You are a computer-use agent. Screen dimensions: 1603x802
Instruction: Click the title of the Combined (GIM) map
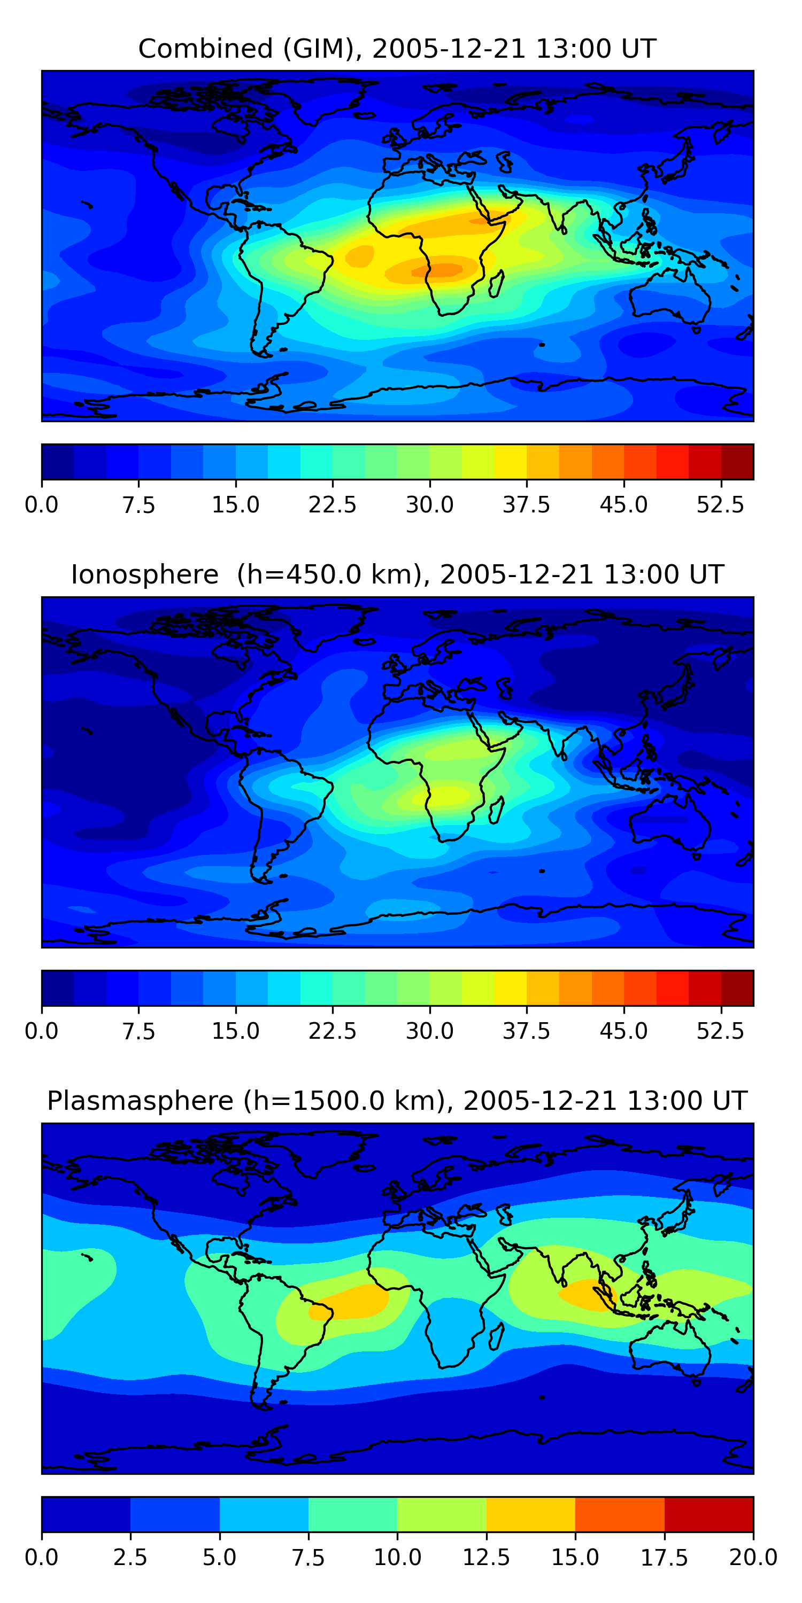tap(397, 49)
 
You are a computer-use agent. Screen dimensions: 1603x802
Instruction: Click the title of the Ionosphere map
tap(397, 574)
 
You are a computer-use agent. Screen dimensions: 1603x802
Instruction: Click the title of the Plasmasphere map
tap(397, 1101)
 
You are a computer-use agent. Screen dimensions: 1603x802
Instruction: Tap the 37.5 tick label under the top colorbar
tap(526, 504)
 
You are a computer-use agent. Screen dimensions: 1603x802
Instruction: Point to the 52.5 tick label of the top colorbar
tap(720, 504)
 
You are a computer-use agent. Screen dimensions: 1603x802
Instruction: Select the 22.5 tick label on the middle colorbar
tap(333, 1031)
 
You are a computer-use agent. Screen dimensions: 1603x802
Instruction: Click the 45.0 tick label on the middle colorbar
tap(623, 1031)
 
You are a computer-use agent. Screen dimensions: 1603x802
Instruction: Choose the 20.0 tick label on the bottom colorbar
tap(753, 1558)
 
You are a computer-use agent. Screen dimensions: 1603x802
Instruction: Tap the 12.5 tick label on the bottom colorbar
tap(487, 1558)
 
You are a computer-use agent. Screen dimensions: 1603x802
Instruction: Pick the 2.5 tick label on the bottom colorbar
tap(130, 1558)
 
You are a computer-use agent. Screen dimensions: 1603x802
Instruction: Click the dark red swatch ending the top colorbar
tap(737, 462)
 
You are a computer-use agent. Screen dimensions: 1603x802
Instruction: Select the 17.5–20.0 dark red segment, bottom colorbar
tap(708, 1514)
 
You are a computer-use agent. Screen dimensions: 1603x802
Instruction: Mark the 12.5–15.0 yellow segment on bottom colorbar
tap(530, 1514)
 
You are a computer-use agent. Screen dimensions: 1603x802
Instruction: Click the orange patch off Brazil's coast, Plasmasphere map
tap(352, 1301)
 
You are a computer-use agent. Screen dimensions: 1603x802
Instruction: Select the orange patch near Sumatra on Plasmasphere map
tap(589, 1294)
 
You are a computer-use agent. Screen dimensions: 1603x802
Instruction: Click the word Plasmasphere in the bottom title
tap(140, 1101)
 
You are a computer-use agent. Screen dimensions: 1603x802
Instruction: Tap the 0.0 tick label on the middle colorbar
tap(42, 1031)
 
